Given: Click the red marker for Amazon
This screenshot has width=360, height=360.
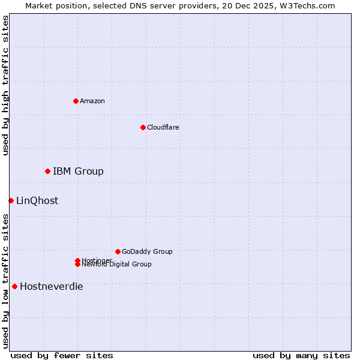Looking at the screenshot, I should point(76,101).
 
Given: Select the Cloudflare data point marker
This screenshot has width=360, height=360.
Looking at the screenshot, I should point(143,127).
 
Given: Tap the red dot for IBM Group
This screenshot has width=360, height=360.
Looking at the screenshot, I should point(47,171).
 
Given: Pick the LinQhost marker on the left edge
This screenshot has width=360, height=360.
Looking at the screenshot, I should point(11,200).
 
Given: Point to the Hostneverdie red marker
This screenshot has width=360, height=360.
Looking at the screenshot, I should point(14,286).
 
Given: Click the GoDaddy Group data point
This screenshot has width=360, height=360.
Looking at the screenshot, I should point(118,251).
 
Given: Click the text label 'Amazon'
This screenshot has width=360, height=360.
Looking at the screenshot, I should point(92,101).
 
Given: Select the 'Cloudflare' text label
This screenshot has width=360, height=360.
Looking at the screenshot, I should point(163,127).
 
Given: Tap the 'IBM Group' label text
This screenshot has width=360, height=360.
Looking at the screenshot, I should point(78,171).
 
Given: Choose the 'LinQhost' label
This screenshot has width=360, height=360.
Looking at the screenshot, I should point(37,200).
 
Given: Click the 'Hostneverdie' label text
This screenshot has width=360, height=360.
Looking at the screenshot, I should point(51,286).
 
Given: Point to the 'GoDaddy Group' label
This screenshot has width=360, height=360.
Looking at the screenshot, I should point(147,251).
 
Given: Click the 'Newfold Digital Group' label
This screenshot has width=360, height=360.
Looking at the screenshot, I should point(116,264).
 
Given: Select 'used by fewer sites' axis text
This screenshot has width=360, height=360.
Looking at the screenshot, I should point(62,355).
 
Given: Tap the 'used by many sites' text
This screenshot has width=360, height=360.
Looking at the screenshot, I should point(301,355).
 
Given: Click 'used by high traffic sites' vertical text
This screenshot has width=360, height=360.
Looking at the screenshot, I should point(5,85).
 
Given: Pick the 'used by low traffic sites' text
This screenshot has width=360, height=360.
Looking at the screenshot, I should point(5,280).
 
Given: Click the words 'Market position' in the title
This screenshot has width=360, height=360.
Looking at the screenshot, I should point(53,5).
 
